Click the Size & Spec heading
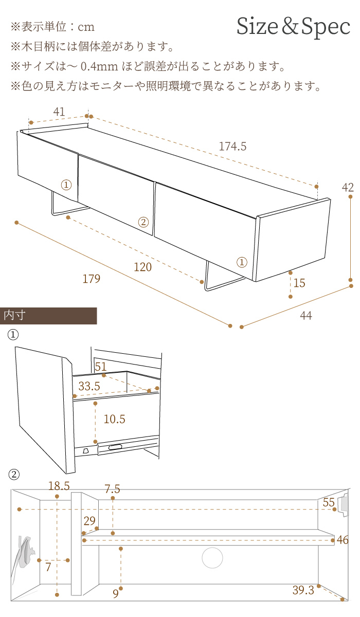(x=293, y=27)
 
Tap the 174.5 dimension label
(x=232, y=147)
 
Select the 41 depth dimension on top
(x=59, y=112)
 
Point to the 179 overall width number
(x=91, y=279)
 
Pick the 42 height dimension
(x=348, y=187)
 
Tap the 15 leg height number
(x=299, y=283)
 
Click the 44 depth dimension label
(x=306, y=316)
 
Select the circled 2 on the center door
(x=143, y=222)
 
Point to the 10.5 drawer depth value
(x=114, y=419)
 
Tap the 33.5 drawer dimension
(x=89, y=386)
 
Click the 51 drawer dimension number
(x=101, y=367)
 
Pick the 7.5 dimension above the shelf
(x=112, y=489)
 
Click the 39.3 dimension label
(x=303, y=591)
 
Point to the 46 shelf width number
(x=343, y=540)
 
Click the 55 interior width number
(x=329, y=503)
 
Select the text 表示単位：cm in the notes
(x=57, y=27)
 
